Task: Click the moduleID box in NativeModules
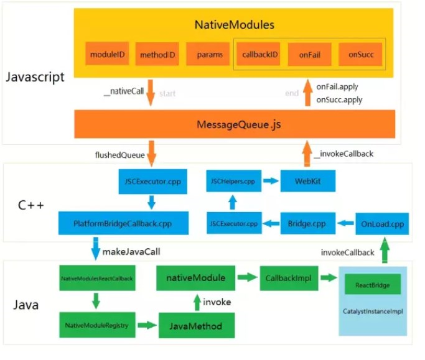(x=107, y=54)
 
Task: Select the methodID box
(x=156, y=55)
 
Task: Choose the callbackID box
(x=259, y=54)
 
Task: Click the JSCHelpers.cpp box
(x=231, y=182)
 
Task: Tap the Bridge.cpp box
(x=307, y=222)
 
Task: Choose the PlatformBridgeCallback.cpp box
(x=124, y=222)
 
